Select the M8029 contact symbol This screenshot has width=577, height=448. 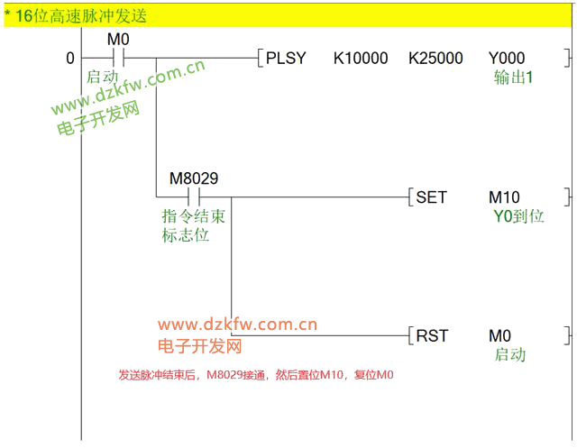[x=192, y=197]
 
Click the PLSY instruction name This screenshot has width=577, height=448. [x=286, y=59]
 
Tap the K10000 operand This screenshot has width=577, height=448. [x=361, y=59]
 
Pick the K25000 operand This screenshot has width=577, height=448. [x=435, y=59]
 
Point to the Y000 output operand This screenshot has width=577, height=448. [x=507, y=59]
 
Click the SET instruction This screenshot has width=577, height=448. [x=431, y=197]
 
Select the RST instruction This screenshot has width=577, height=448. [x=431, y=335]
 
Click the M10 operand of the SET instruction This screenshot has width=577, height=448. [x=504, y=197]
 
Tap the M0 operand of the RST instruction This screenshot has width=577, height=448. [x=500, y=335]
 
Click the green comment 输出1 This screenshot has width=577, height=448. [x=514, y=78]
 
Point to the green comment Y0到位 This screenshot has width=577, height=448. [x=517, y=216]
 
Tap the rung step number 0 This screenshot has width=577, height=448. [x=70, y=59]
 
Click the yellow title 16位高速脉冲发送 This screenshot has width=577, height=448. [x=81, y=15]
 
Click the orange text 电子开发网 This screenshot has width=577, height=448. [x=199, y=346]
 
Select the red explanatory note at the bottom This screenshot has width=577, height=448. [x=256, y=375]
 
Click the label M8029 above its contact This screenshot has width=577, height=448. [x=193, y=178]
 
